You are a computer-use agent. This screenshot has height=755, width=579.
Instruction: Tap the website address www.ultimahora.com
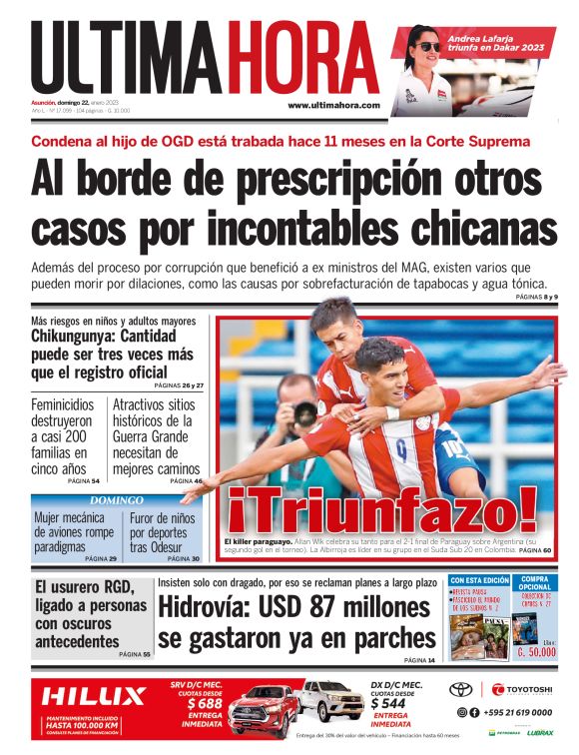[x=333, y=105]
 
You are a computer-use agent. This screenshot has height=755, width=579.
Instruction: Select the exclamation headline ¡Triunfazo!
[x=383, y=511]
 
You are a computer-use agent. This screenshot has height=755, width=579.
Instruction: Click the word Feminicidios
[x=63, y=405]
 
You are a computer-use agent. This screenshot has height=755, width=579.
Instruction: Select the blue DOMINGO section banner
[x=117, y=499]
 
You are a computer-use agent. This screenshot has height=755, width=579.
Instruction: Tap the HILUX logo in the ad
[x=95, y=696]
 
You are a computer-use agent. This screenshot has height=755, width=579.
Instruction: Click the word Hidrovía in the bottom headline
[x=210, y=607]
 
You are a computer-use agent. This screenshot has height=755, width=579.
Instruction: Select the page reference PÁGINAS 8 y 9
[x=537, y=298]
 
